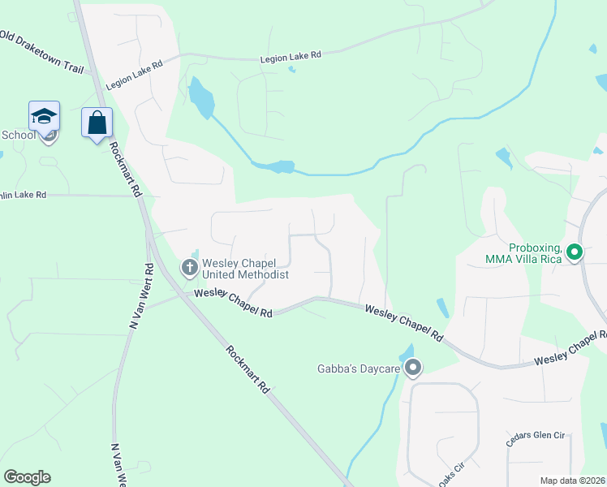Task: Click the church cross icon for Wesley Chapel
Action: pos(189,266)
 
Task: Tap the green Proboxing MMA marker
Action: pos(575,252)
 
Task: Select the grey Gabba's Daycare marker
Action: pos(413,368)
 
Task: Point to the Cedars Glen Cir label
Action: pos(535,435)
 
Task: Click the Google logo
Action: pos(27,477)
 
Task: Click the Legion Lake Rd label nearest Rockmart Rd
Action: pos(134,74)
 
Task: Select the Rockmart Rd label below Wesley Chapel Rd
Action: pos(248,370)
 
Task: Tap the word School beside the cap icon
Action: pos(18,135)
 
